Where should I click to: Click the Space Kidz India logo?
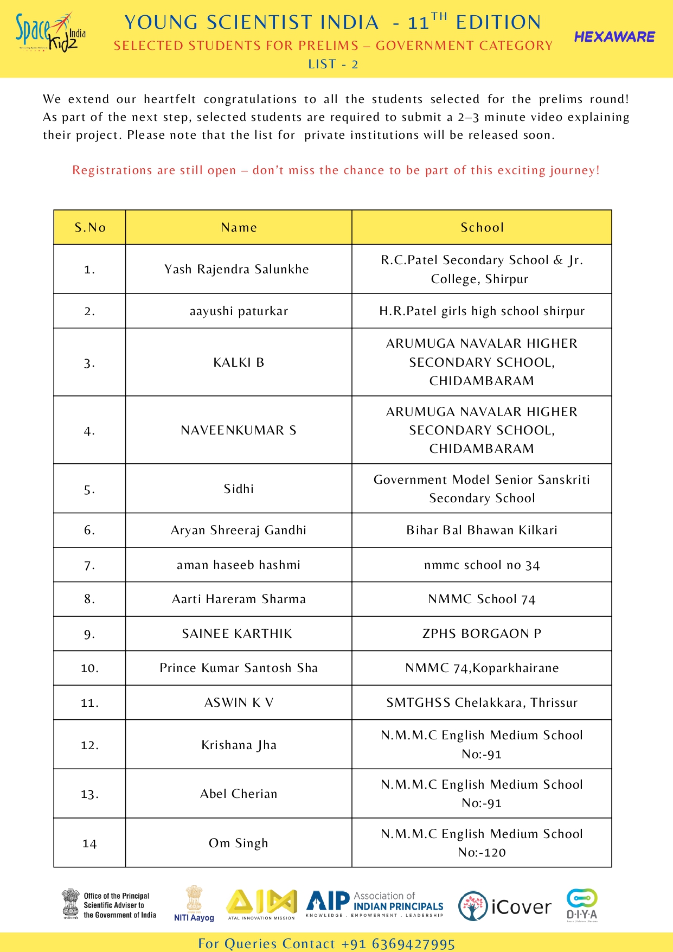pyautogui.click(x=50, y=33)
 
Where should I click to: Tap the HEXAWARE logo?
pyautogui.click(x=614, y=37)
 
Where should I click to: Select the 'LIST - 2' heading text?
pyautogui.click(x=333, y=65)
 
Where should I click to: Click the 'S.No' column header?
pyautogui.click(x=90, y=227)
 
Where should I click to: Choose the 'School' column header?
pyautogui.click(x=482, y=227)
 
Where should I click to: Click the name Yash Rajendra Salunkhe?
pyautogui.click(x=237, y=269)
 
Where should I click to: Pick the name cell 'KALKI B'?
pyautogui.click(x=239, y=362)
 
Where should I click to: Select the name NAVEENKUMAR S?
pyautogui.click(x=239, y=430)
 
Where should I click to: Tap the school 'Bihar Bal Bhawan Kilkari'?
pyautogui.click(x=482, y=530)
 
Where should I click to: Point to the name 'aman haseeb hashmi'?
pyautogui.click(x=239, y=565)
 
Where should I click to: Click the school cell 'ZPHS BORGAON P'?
pyautogui.click(x=482, y=634)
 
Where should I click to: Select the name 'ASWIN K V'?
pyautogui.click(x=239, y=702)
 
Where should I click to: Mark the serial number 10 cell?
pyautogui.click(x=90, y=668)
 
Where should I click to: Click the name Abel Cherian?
pyautogui.click(x=239, y=794)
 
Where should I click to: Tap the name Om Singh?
pyautogui.click(x=239, y=843)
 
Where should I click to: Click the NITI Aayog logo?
pyautogui.click(x=194, y=904)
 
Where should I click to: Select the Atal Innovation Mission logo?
pyautogui.click(x=261, y=905)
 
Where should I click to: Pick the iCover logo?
pyautogui.click(x=504, y=906)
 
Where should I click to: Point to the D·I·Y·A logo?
pyautogui.click(x=582, y=905)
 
